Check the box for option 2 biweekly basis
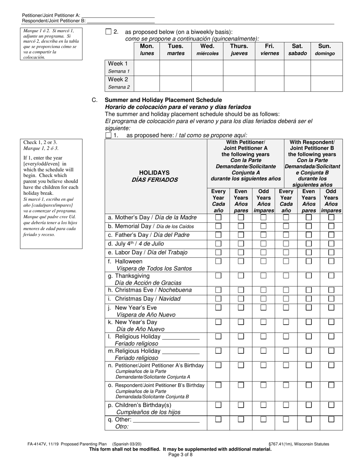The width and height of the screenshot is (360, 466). click(x=108, y=32)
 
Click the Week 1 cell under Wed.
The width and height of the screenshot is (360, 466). click(x=207, y=68)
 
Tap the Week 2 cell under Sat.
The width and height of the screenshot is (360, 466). click(x=297, y=83)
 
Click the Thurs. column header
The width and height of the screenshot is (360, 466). click(x=239, y=50)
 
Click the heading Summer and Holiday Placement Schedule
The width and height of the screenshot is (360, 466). click(x=163, y=100)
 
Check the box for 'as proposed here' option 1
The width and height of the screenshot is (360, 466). click(x=108, y=135)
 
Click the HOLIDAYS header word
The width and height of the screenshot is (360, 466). click(x=154, y=173)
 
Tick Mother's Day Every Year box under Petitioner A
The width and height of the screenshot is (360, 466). click(x=218, y=218)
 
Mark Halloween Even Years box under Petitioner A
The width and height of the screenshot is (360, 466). click(x=241, y=261)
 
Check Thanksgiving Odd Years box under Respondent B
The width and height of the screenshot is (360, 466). click(x=331, y=276)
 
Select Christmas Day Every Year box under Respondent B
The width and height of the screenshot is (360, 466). click(x=286, y=299)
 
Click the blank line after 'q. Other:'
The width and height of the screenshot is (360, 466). click(x=166, y=420)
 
